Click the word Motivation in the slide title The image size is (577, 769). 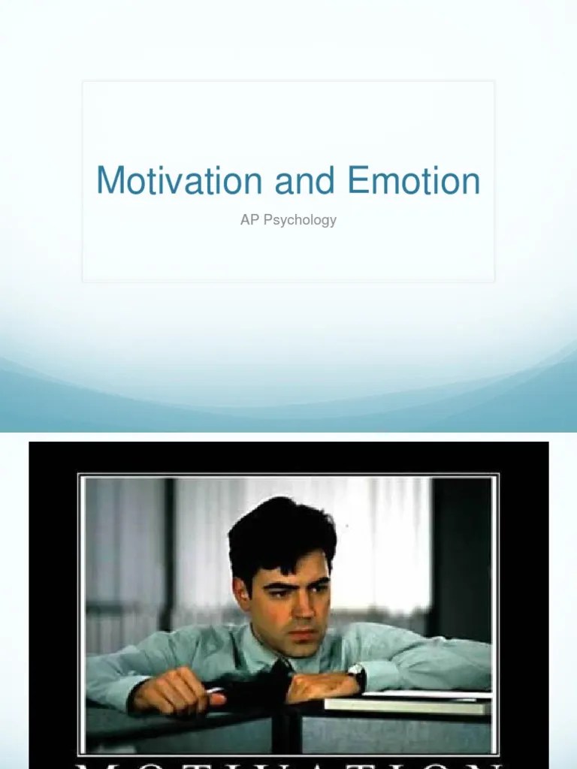tap(179, 181)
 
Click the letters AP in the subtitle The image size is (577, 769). tap(249, 220)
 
